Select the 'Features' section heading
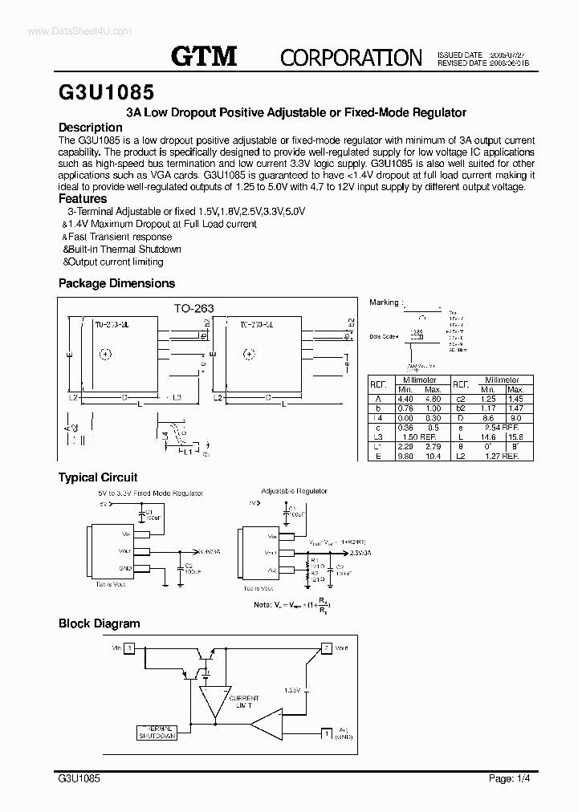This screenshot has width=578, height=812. [83, 198]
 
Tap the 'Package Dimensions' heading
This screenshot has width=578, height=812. [116, 283]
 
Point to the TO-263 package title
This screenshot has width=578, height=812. [193, 307]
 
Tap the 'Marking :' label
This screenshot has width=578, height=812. [385, 302]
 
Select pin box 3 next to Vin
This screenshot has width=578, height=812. [129, 648]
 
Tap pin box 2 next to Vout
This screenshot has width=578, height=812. [327, 648]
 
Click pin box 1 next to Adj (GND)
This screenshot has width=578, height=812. [327, 733]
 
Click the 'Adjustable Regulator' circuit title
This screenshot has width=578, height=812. [294, 490]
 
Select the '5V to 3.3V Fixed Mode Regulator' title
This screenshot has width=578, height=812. [151, 493]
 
